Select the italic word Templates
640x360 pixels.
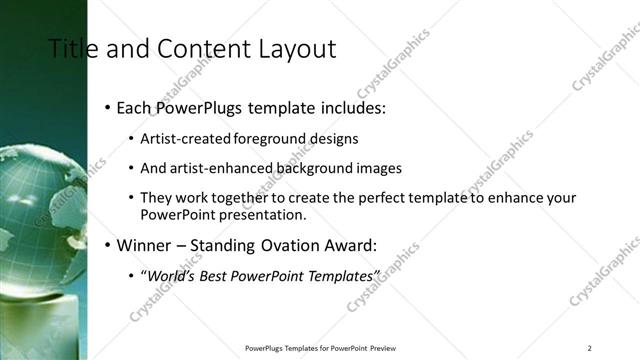tap(340, 275)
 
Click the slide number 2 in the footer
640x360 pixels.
tap(590, 347)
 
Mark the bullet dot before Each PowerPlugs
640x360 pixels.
tap(107, 107)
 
